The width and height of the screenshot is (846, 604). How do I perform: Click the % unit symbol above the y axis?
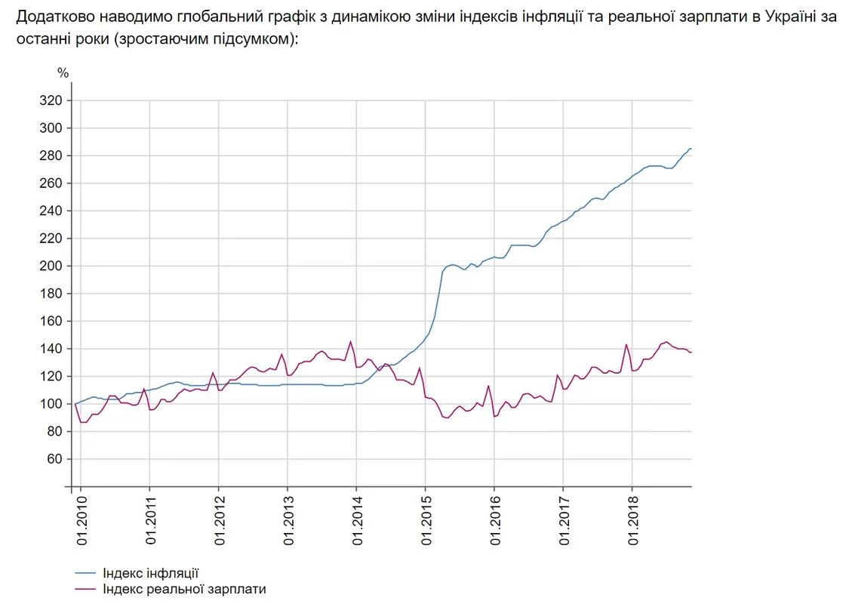[63, 73]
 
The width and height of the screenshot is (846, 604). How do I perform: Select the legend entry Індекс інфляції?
[151, 573]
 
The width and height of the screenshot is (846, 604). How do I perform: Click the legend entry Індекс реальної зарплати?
[184, 588]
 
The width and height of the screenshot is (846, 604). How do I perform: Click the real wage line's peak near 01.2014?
[350, 341]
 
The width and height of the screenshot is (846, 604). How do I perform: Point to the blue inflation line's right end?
[691, 149]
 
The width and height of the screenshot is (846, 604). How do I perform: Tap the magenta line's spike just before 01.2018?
[626, 345]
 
